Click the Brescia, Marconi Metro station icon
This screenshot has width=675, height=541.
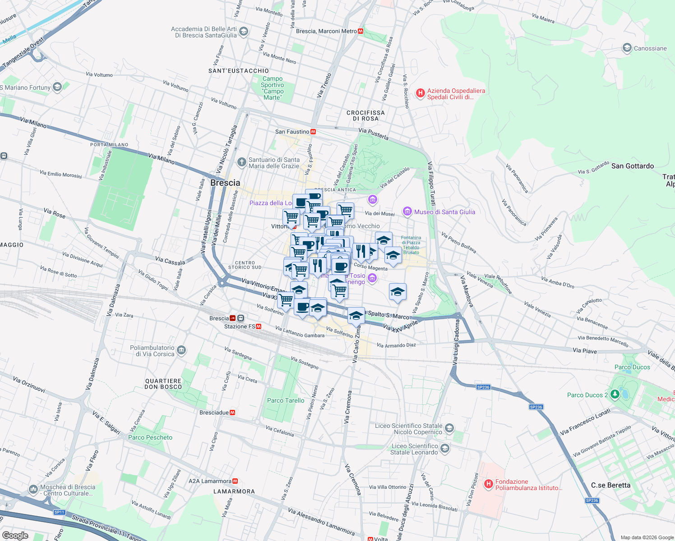point(361,31)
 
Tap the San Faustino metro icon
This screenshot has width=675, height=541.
point(313,132)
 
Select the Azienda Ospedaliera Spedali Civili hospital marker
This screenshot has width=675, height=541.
point(420,93)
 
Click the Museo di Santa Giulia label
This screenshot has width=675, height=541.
point(444,212)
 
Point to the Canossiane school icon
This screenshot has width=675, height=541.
point(627,48)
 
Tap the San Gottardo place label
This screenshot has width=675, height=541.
point(632,166)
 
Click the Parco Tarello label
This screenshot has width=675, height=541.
point(286,400)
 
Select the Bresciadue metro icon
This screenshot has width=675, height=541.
point(232,413)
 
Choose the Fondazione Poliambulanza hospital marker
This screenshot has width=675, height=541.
point(488,484)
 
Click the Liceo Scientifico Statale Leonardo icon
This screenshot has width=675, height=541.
point(445,448)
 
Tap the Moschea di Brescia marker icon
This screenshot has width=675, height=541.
point(33,489)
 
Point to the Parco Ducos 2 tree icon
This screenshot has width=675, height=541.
point(615,394)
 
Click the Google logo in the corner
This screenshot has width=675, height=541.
point(15,535)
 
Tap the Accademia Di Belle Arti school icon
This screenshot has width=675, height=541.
point(244,32)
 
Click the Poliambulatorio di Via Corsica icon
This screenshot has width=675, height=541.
point(181,350)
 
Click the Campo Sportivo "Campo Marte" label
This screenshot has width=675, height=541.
point(273,88)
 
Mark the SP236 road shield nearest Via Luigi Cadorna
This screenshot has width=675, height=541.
point(483,387)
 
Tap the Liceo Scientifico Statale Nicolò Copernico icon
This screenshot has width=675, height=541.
point(449,428)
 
